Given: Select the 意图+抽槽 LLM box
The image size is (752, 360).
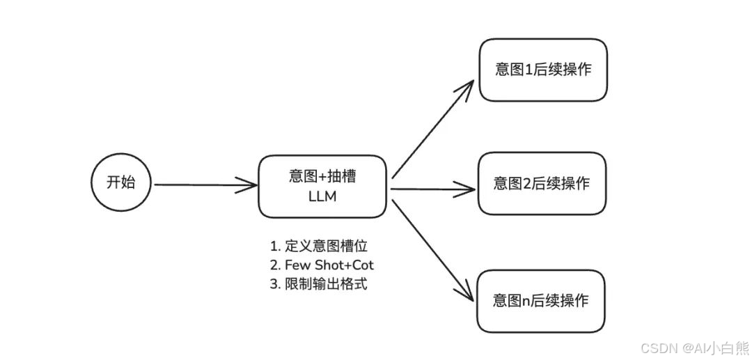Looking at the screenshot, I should coord(322,186).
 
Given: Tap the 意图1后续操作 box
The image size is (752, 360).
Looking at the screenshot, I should coord(542,70).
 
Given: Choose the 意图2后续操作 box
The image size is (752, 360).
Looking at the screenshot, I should coord(542,184).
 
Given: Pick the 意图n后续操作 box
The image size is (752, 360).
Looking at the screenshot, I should coord(541,301).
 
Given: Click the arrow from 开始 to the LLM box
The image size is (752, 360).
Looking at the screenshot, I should coord(205,185).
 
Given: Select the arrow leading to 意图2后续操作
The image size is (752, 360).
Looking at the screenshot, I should coord(432,187).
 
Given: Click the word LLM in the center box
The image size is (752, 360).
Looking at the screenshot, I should coord(322,196).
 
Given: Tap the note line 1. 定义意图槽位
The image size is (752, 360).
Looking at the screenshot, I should coord(318,246).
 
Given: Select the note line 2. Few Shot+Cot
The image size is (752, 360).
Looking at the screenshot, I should coord(322,265).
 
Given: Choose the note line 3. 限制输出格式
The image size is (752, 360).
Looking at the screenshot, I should coord(318,284).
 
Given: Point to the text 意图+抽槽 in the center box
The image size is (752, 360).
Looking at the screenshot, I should coord(322,177).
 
